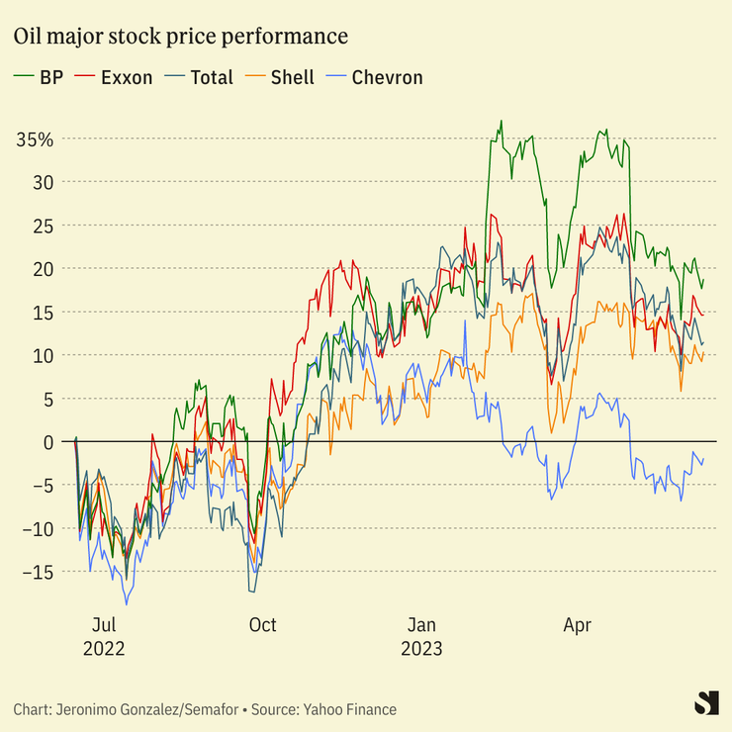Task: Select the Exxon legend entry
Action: pyautogui.click(x=127, y=77)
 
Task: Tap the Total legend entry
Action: pyautogui.click(x=212, y=77)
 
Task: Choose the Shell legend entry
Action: pyautogui.click(x=292, y=77)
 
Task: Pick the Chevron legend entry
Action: pyautogui.click(x=387, y=77)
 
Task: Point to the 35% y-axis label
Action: pyautogui.click(x=35, y=139)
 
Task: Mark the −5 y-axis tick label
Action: pyautogui.click(x=40, y=485)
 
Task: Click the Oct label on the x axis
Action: pyautogui.click(x=262, y=625)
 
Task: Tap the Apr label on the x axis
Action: pyautogui.click(x=577, y=625)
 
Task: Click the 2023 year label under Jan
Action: pyautogui.click(x=421, y=649)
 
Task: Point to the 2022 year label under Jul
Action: pyautogui.click(x=103, y=649)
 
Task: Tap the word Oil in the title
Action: pyautogui.click(x=28, y=37)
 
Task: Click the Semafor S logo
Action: pyautogui.click(x=705, y=702)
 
